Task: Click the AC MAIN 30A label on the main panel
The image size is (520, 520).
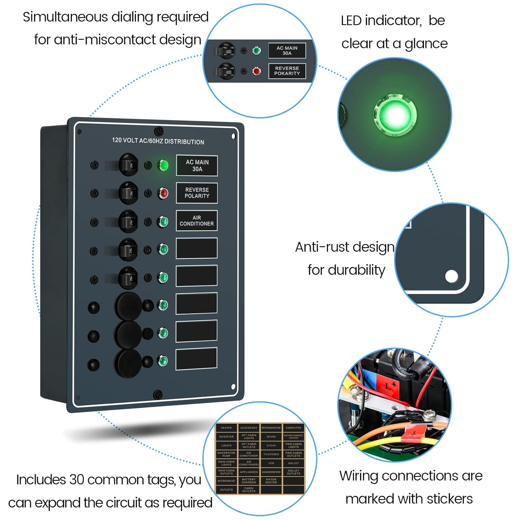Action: click(x=197, y=166)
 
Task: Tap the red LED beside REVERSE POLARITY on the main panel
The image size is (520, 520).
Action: click(x=163, y=193)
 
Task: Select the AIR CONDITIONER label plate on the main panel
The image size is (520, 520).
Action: click(x=197, y=220)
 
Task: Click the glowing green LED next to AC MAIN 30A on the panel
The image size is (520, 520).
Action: click(x=163, y=165)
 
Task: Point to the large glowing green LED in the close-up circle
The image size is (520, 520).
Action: click(x=394, y=114)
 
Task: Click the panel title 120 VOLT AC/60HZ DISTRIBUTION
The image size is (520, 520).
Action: click(x=158, y=141)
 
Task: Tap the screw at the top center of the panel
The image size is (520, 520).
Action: click(x=158, y=131)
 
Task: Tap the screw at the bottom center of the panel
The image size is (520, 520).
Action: click(x=158, y=394)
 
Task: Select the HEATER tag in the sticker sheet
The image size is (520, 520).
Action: click(x=226, y=428)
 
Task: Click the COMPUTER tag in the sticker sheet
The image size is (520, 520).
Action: click(x=293, y=428)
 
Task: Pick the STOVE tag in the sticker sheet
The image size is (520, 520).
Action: click(x=271, y=445)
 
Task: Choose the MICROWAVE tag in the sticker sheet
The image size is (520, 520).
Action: click(x=226, y=481)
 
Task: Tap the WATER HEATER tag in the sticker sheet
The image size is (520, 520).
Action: click(x=271, y=481)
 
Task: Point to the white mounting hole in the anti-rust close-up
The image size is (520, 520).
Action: click(x=451, y=276)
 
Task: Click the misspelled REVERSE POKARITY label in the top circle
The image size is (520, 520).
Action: click(x=287, y=71)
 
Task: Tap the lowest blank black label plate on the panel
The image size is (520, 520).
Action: click(x=197, y=359)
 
